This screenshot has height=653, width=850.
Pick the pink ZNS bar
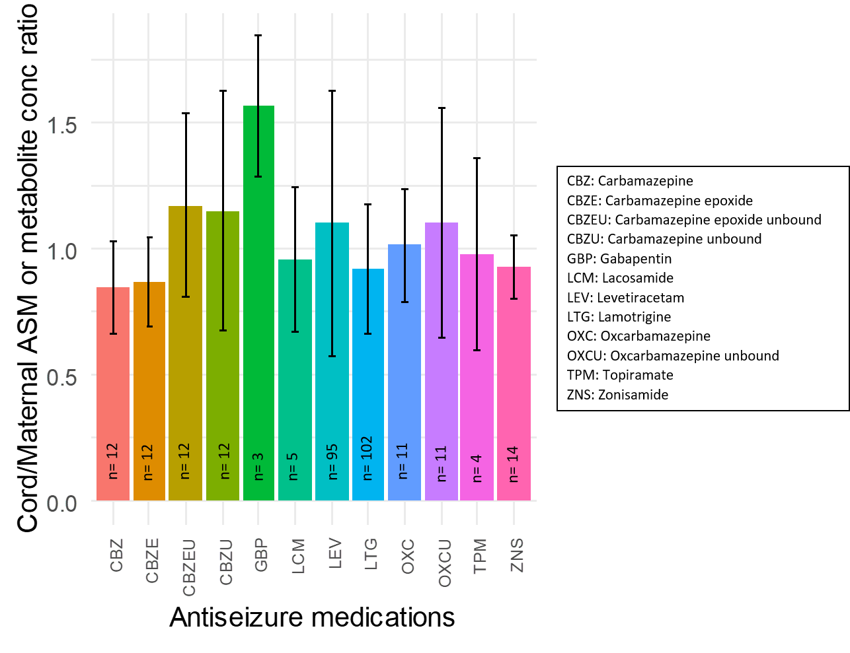[514, 383]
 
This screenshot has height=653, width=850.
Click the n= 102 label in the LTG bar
[367, 458]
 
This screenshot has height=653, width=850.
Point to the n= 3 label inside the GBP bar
[258, 465]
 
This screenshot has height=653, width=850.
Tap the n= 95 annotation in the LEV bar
[332, 461]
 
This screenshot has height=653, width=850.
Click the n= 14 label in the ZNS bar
[513, 464]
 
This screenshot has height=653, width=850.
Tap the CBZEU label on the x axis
[189, 568]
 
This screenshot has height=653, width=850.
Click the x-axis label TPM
[480, 556]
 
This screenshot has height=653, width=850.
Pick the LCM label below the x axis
[298, 556]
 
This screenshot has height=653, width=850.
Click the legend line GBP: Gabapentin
[619, 259]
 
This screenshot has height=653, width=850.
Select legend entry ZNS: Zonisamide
[617, 395]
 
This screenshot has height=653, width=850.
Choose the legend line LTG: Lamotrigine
[619, 317]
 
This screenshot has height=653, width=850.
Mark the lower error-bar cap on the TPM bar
[477, 350]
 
